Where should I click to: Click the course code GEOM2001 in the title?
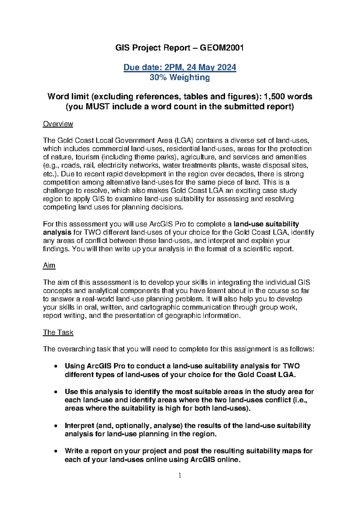[x=222, y=48]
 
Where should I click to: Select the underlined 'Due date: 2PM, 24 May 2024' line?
[x=180, y=67]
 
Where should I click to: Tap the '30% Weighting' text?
[x=180, y=77]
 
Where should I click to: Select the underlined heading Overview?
[x=58, y=124]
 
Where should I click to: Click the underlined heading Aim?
[x=49, y=266]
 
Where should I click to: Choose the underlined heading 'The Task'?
[x=58, y=333]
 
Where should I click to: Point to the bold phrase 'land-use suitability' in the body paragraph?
[x=266, y=224]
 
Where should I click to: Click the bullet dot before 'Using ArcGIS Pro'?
[x=55, y=366]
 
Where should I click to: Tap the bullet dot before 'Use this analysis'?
[x=55, y=392]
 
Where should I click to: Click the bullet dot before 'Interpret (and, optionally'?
[x=55, y=426]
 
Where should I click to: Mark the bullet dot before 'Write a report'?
[x=55, y=451]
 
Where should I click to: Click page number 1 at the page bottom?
[x=180, y=475]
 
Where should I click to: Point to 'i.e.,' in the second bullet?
[x=300, y=400]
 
